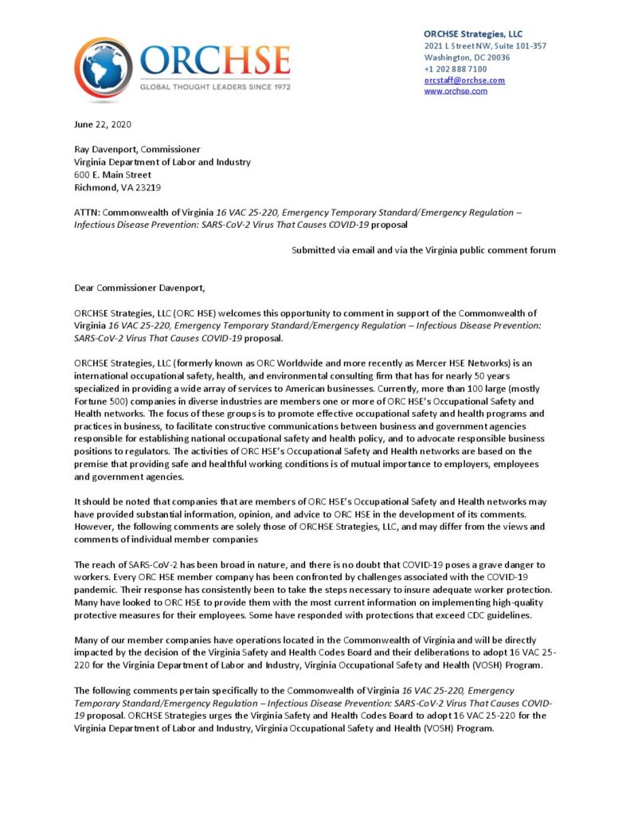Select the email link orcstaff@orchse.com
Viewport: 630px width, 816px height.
(464, 80)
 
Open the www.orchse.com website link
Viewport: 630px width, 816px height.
(456, 92)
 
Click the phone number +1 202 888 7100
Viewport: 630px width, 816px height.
(456, 69)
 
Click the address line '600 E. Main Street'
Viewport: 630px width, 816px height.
(112, 175)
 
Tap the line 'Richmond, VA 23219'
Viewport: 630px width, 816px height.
(118, 187)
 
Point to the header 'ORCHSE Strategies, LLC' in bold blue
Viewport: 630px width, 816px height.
(473, 34)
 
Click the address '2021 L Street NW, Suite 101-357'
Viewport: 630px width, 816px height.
(485, 46)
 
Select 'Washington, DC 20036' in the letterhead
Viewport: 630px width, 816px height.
(467, 57)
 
